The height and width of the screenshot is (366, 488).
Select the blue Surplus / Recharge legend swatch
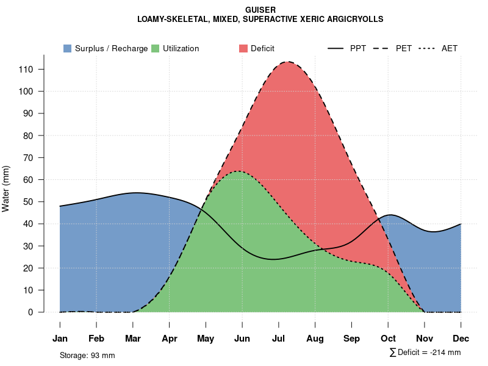[x=68, y=48]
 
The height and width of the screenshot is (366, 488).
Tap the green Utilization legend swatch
[x=156, y=48]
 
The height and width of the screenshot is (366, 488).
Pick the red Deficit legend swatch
[x=243, y=48]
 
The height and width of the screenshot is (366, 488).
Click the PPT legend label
[x=358, y=48]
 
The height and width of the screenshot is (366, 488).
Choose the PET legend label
[x=404, y=48]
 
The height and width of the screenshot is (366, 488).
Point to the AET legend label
[x=450, y=48]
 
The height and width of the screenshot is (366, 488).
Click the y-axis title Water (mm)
[x=6, y=188]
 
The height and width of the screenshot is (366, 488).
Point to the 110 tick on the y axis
[x=26, y=70]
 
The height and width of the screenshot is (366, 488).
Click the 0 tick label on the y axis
[x=31, y=312]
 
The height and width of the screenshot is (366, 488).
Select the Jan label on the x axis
[x=60, y=339]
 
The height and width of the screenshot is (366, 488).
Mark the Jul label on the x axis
[x=279, y=339]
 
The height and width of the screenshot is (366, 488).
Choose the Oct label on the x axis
[x=388, y=339]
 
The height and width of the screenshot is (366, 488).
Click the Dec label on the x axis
[x=461, y=339]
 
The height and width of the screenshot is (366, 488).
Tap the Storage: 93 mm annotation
[x=87, y=355]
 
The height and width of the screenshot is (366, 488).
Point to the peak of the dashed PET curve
[x=288, y=62]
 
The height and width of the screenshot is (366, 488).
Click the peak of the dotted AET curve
[x=237, y=171]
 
